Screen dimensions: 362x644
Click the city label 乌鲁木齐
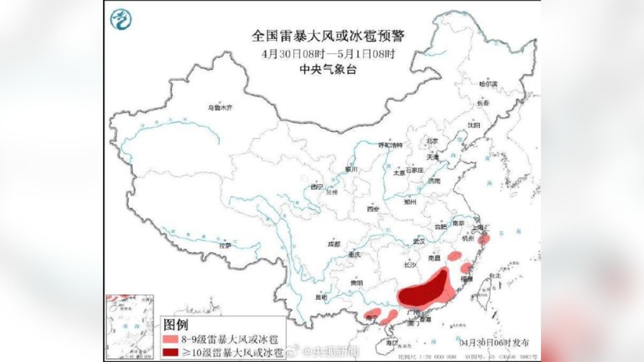pyautogui.click(x=220, y=107)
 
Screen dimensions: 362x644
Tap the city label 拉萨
pyautogui.click(x=225, y=246)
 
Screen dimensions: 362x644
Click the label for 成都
pyautogui.click(x=333, y=244)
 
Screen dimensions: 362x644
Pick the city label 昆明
pyautogui.click(x=321, y=297)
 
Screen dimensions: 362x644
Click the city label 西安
pyautogui.click(x=374, y=209)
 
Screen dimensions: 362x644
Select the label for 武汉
pyautogui.click(x=419, y=241)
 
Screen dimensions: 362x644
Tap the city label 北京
pyautogui.click(x=432, y=141)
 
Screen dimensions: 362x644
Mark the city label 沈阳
pyautogui.click(x=473, y=126)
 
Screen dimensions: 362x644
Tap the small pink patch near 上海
pyautogui.click(x=484, y=239)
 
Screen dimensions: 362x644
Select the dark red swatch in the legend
pyautogui.click(x=170, y=351)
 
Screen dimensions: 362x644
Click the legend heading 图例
pyautogui.click(x=175, y=326)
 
